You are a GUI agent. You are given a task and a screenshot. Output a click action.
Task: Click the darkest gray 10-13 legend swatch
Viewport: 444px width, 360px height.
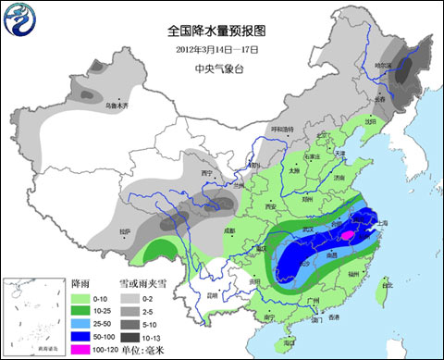[129, 337]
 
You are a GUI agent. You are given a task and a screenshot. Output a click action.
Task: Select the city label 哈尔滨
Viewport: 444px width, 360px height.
[408, 66]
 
